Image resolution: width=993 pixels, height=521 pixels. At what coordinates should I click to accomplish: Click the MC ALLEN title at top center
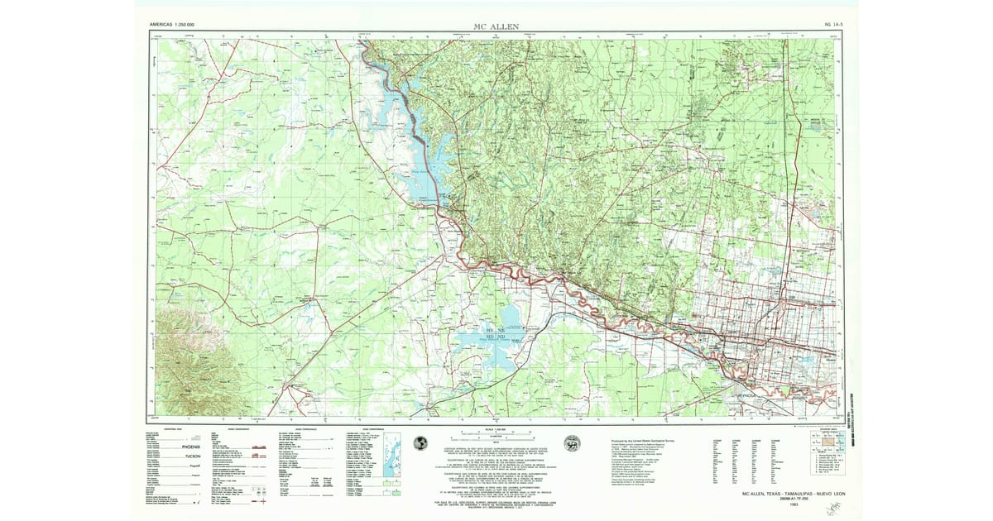point(497,26)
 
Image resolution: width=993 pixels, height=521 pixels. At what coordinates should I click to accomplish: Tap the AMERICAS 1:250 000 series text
point(172,26)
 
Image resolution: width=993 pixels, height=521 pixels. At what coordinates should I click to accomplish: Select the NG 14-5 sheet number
point(832,26)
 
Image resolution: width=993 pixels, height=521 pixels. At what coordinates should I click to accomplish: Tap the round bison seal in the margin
point(571,443)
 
